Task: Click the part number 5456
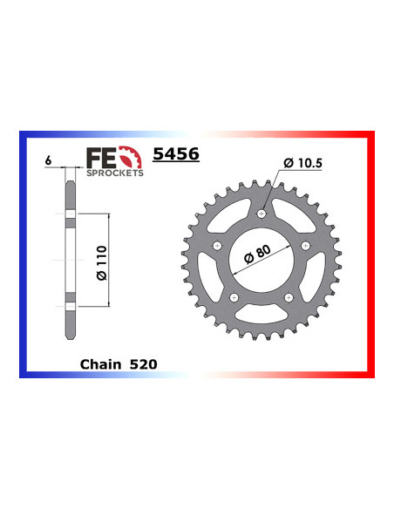(176, 154)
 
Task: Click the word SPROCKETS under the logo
(113, 173)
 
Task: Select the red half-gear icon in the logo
(131, 158)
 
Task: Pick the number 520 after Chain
(146, 364)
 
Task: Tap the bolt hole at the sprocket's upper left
(214, 248)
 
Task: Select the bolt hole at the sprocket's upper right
(305, 248)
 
